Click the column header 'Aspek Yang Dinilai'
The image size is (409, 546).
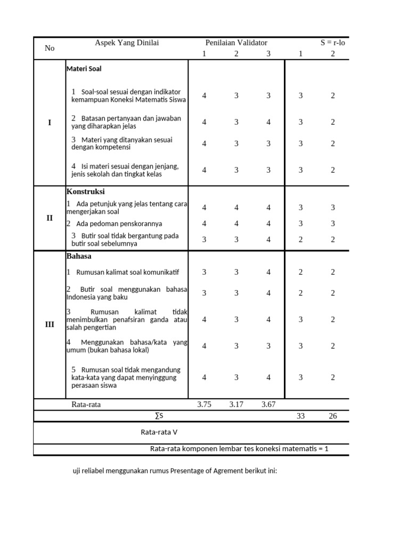127,43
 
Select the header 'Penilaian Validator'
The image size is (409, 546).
236,43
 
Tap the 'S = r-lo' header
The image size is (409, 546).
333,43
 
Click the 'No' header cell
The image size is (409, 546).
50,48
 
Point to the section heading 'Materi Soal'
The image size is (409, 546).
84,69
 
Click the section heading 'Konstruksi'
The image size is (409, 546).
85,191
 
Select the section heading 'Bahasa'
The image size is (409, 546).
79,256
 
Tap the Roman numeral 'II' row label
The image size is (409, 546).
50,218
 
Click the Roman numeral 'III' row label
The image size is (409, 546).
50,324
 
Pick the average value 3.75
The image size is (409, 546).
204,405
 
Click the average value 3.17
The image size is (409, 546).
236,405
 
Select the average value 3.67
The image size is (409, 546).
268,405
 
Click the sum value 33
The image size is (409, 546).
301,416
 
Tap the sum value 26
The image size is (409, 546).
333,416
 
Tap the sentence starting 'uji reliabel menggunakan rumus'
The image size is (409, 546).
175,471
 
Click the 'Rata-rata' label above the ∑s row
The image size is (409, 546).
86,405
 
